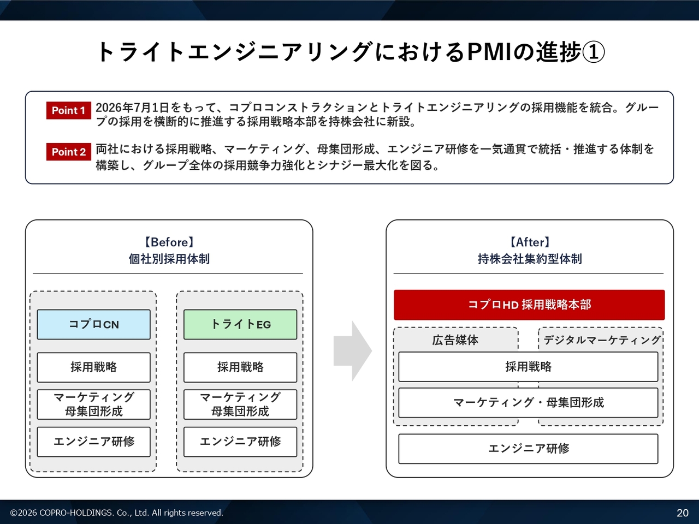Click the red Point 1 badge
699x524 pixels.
click(x=68, y=110)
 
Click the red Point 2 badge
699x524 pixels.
click(x=68, y=152)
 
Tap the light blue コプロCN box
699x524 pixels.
click(x=93, y=325)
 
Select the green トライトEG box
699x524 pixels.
click(x=240, y=325)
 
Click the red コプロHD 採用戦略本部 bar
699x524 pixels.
click(x=529, y=305)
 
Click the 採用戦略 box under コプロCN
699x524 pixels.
click(x=93, y=367)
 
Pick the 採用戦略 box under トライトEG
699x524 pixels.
click(x=240, y=367)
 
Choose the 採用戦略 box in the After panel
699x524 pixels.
click(x=528, y=366)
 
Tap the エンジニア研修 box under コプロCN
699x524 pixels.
click(x=93, y=442)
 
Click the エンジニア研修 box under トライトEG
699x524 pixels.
click(x=240, y=442)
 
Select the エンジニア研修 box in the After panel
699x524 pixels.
click(x=528, y=449)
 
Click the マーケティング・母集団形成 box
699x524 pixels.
click(x=528, y=402)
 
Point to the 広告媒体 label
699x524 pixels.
click(x=455, y=340)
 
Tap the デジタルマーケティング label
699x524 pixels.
click(x=602, y=340)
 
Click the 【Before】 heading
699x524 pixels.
click(x=169, y=242)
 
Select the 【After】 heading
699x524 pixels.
click(x=530, y=242)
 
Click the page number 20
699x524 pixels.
click(x=683, y=513)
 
